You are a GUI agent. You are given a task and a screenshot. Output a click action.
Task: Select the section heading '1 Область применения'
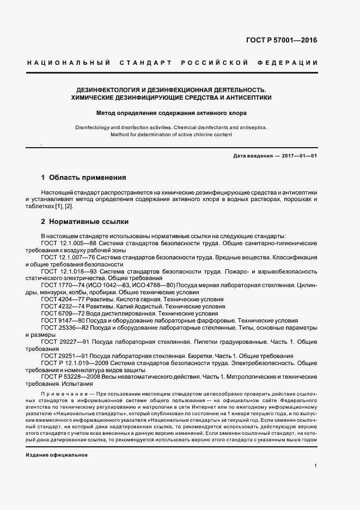point(84,178)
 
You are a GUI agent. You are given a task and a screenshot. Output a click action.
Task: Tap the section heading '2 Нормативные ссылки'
point(84,222)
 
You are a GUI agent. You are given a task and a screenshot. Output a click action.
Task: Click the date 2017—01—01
point(300,156)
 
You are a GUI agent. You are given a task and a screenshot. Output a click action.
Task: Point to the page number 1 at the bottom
point(315,466)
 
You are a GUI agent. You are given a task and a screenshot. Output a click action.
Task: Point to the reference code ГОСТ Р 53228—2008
point(70,377)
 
